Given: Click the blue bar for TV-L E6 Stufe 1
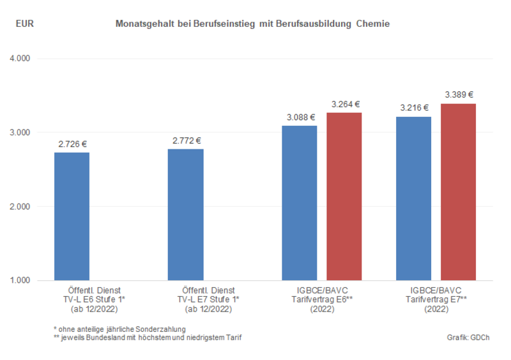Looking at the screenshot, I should [72, 216].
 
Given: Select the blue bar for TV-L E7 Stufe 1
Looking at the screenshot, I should [185, 214].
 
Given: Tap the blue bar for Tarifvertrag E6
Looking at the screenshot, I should [300, 203].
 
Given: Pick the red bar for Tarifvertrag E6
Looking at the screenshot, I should [344, 197].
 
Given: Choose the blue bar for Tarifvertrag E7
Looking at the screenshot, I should [413, 199].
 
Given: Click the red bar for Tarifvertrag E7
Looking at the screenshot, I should [458, 192].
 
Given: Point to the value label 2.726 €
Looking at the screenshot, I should [72, 144].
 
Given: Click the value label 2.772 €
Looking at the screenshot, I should [186, 140].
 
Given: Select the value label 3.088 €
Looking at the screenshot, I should [300, 117].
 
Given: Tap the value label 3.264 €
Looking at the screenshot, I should [345, 104].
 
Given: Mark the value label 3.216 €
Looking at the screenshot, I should [414, 108].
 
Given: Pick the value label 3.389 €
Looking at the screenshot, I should [459, 94].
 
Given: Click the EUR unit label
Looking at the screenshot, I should [25, 24].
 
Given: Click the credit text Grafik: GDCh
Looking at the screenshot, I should [472, 337].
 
